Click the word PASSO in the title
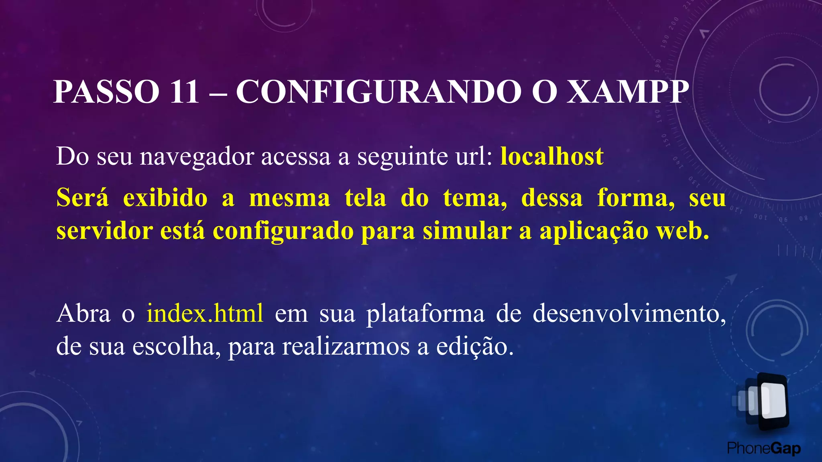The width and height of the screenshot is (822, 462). (x=106, y=92)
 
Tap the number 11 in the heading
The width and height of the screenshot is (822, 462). (x=184, y=92)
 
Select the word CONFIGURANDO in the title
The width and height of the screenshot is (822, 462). (x=378, y=92)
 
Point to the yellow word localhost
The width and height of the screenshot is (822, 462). (x=552, y=156)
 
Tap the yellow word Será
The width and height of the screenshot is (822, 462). (x=82, y=198)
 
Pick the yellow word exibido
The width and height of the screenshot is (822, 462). (x=165, y=198)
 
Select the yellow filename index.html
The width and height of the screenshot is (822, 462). (x=205, y=314)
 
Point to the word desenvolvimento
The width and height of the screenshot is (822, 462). (x=629, y=314)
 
